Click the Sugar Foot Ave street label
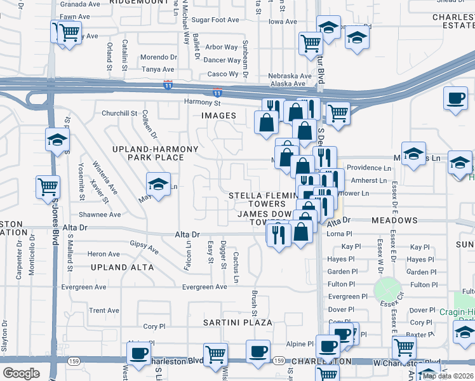coord(215,20)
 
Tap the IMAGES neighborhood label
coord(218,116)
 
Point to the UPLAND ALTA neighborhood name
coord(122,267)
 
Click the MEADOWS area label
coord(394,220)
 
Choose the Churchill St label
coord(119,114)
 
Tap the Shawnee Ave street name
coord(100,215)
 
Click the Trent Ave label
coord(104,311)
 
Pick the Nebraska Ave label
coord(290,76)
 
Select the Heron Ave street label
coord(104,254)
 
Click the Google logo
coord(21,373)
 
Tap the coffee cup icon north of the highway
coord(455,98)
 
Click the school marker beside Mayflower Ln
coord(158,185)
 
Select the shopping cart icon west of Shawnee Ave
coord(48,187)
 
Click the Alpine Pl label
coord(300,344)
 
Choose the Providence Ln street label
coord(368,168)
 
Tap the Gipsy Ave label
coord(144,246)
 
